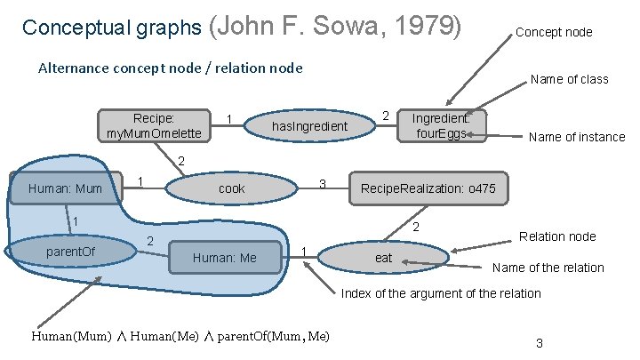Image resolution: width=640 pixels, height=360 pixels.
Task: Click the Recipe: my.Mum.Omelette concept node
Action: [154, 125]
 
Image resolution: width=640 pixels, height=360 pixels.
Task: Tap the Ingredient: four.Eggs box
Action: [441, 125]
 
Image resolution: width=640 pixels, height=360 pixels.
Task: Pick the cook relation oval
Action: [232, 188]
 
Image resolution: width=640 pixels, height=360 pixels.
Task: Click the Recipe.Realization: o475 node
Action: [433, 188]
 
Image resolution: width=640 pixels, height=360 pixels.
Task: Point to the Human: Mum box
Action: [66, 188]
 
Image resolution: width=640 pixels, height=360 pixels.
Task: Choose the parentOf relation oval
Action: [70, 252]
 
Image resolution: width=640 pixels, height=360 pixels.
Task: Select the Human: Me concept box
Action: [225, 258]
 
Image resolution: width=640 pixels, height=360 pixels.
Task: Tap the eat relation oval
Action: [383, 258]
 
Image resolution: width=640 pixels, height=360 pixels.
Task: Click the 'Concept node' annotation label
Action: [554, 32]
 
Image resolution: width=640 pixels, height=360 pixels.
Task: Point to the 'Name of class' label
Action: [569, 79]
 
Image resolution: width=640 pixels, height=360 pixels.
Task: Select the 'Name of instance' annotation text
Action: [576, 137]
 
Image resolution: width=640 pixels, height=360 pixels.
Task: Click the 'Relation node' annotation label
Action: [557, 236]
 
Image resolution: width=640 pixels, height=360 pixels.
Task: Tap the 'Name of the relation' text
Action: [548, 268]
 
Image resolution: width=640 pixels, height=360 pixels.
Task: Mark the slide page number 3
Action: [540, 343]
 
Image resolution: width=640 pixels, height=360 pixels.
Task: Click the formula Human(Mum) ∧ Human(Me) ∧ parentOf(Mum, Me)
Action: [180, 336]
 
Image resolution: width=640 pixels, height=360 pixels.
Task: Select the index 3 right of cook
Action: [324, 184]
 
